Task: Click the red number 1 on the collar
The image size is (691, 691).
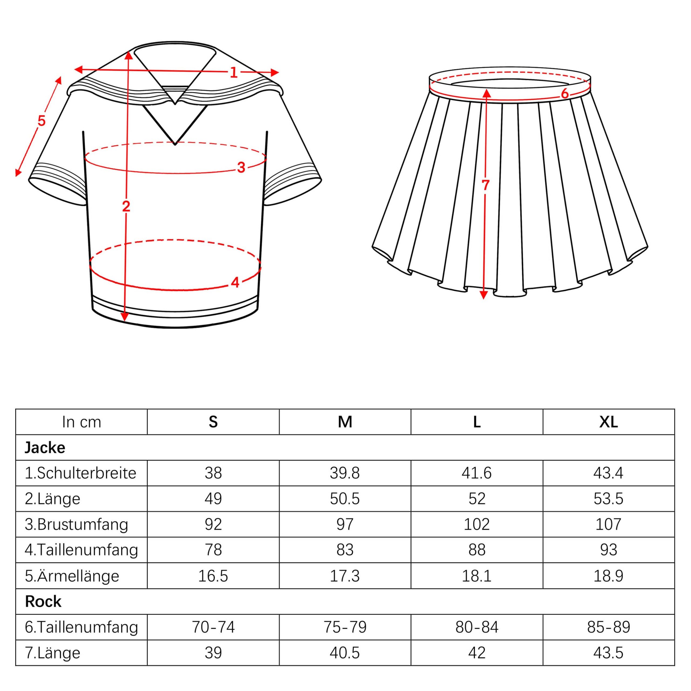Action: (x=233, y=73)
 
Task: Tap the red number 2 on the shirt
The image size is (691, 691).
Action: (x=126, y=206)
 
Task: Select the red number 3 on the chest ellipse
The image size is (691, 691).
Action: (x=241, y=167)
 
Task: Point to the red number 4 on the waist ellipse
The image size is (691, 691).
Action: (x=235, y=283)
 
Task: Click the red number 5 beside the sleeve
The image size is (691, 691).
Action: (x=42, y=121)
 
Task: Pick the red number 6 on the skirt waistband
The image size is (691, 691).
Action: (x=565, y=94)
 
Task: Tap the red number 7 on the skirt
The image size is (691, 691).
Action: (x=485, y=185)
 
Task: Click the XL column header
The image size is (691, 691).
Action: (x=609, y=422)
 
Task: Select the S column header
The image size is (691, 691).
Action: (x=213, y=422)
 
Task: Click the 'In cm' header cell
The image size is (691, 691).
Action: (x=82, y=422)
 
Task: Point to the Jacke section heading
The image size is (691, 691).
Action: (x=45, y=448)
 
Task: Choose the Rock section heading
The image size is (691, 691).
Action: (x=43, y=602)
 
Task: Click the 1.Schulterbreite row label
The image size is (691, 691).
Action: (x=80, y=473)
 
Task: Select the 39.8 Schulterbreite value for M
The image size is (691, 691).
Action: (x=345, y=473)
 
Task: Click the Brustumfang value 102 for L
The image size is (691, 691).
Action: (x=477, y=525)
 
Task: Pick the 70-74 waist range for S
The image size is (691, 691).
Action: (x=213, y=627)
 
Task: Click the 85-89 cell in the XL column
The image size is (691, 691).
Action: (x=608, y=627)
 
